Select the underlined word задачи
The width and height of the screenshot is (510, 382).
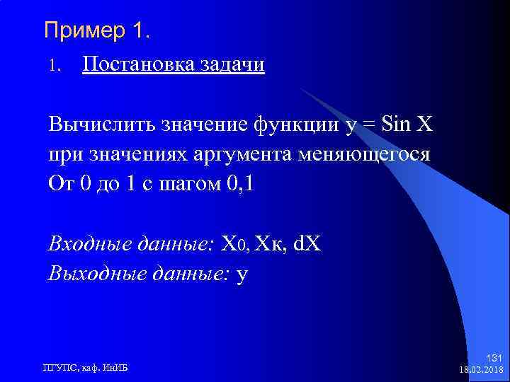pyautogui.click(x=234, y=65)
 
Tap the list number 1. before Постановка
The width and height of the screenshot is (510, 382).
pyautogui.click(x=56, y=66)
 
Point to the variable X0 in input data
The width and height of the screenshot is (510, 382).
pyautogui.click(x=232, y=244)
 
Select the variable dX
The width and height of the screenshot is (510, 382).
pyautogui.click(x=307, y=244)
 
